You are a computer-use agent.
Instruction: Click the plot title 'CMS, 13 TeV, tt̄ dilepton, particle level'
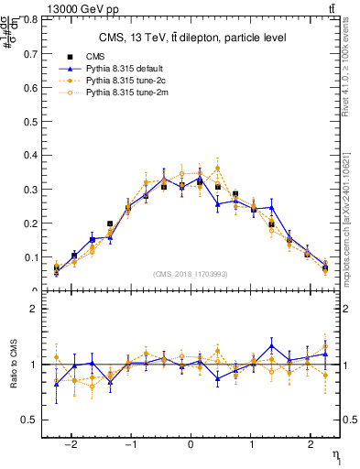coord(192,38)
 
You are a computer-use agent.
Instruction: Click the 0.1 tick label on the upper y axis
coord(28,257)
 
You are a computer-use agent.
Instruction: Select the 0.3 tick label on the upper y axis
coord(28,190)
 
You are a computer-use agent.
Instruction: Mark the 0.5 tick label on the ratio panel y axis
coord(28,420)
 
